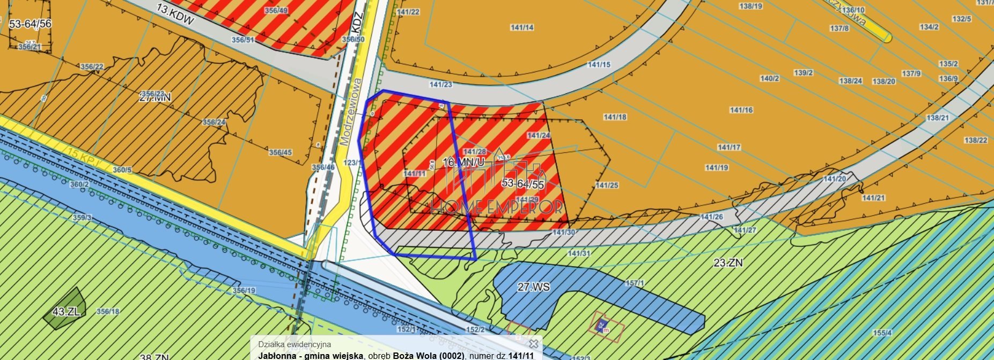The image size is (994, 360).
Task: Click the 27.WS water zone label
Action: [x=533, y=287]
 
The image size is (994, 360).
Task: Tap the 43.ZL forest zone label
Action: [x=66, y=312]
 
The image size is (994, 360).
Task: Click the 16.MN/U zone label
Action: [x=463, y=161]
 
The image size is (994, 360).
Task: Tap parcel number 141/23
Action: [x=440, y=84]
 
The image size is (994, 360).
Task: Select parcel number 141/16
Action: [x=741, y=110]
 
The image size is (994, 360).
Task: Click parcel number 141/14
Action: [x=522, y=27]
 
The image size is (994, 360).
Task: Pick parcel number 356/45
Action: [x=280, y=152]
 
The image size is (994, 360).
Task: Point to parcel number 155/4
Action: [x=882, y=333]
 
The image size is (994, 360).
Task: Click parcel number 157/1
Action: [x=635, y=283]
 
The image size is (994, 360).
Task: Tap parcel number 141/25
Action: [x=607, y=185]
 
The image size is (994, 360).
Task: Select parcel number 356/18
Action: [x=108, y=311]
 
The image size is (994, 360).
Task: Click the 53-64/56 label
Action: [x=30, y=24]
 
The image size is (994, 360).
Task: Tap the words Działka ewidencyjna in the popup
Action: [x=294, y=344]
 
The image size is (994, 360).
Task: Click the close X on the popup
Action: [x=533, y=344]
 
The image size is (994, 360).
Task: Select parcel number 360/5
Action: [x=122, y=170]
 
